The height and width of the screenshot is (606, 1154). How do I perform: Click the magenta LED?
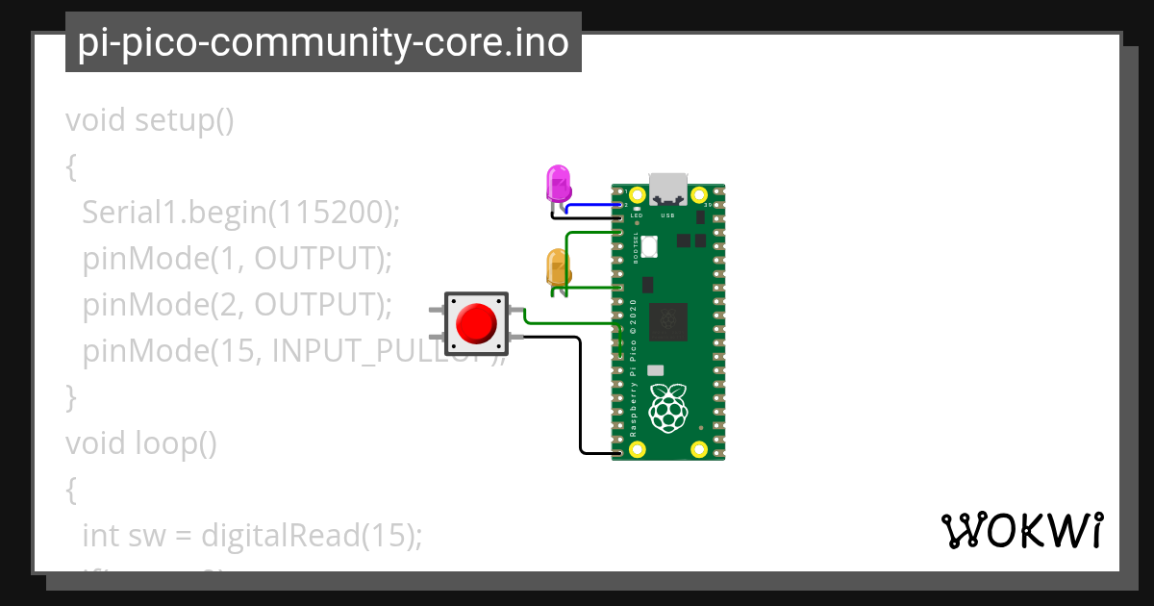click(558, 182)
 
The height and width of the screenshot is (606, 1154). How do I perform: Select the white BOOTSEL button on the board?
click(649, 246)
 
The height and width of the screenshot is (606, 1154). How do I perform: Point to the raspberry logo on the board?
click(669, 407)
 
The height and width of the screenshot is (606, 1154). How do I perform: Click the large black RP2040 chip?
click(668, 321)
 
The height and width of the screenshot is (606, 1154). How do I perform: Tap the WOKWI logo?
click(1021, 530)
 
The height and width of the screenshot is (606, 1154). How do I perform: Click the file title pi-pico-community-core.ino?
click(323, 42)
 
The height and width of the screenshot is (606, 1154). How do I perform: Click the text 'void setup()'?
click(150, 121)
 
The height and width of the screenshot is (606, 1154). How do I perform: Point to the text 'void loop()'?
click(141, 443)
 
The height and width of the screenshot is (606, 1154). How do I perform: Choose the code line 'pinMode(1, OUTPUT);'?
click(238, 259)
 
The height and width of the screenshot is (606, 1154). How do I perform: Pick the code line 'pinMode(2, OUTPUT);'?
click(238, 305)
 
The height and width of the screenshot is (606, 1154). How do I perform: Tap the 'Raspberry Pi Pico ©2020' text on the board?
click(633, 369)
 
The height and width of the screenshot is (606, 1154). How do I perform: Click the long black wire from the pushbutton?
click(581, 394)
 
